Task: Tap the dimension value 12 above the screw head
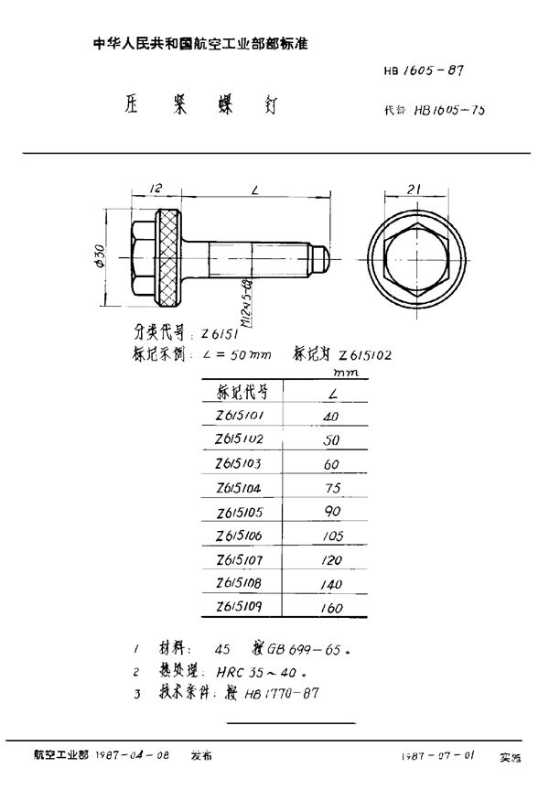(x=156, y=189)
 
